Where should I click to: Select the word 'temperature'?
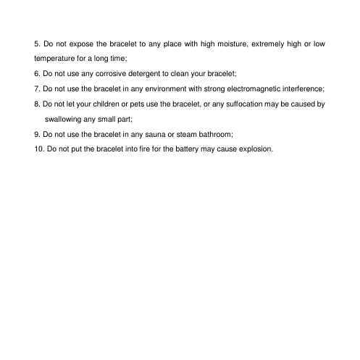click(x=57, y=59)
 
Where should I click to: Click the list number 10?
click(x=38, y=149)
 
